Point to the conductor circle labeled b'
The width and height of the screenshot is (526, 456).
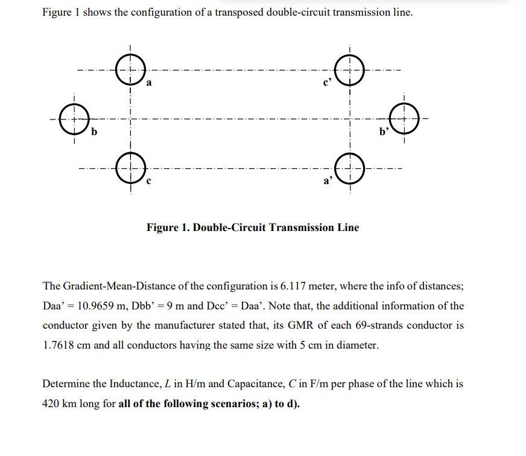404,117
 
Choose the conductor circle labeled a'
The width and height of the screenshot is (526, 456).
350,167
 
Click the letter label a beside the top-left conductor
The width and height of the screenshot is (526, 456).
149,83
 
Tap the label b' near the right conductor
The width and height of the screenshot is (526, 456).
384,130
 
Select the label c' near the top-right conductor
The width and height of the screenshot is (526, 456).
328,83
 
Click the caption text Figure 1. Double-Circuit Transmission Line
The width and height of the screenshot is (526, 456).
253,227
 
